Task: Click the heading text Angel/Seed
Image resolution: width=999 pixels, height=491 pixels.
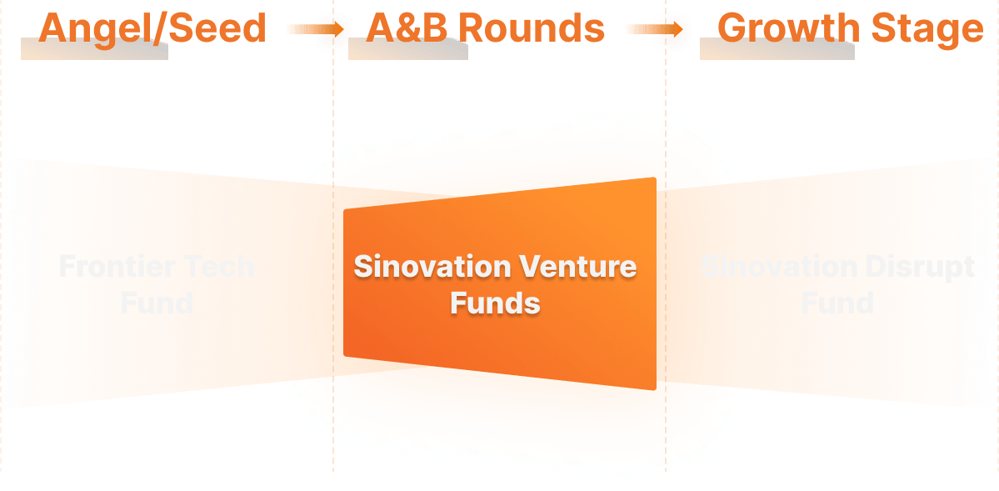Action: pos(152,28)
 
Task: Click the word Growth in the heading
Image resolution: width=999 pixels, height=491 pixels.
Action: pos(788,28)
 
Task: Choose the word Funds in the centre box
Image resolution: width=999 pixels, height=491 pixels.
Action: pos(495,302)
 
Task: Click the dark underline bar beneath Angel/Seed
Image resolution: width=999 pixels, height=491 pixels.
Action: pos(94,52)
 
